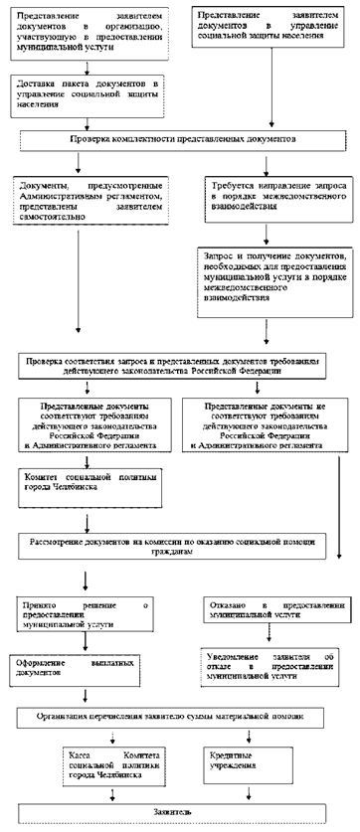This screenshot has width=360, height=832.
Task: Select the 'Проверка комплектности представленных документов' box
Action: tap(178, 141)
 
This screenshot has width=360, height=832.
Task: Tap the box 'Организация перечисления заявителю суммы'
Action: tap(179, 716)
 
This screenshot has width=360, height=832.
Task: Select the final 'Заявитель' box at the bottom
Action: tap(179, 811)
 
